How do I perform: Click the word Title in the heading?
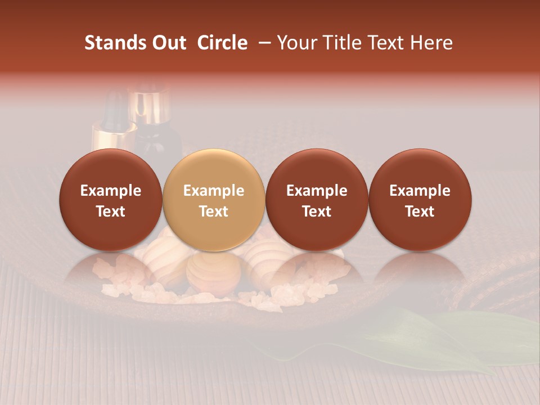tap(340, 43)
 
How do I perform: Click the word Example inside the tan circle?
tap(214, 191)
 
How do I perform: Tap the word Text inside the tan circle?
tap(214, 211)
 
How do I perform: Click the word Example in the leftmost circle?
tap(111, 191)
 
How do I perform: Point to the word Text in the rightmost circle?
tap(420, 211)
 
